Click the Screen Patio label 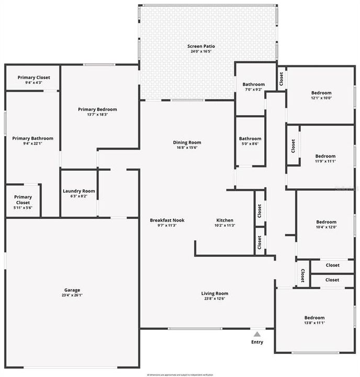tap(201, 47)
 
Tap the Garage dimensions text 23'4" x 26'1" tap(72, 295)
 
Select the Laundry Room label tap(78, 191)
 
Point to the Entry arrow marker tap(256, 334)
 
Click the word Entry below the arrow tap(257, 342)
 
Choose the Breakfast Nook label tap(167, 220)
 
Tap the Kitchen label tap(225, 220)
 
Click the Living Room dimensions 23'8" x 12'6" tap(215, 299)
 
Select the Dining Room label tap(187, 142)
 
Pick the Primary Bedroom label tap(97, 109)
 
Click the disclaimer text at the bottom tap(180, 374)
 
